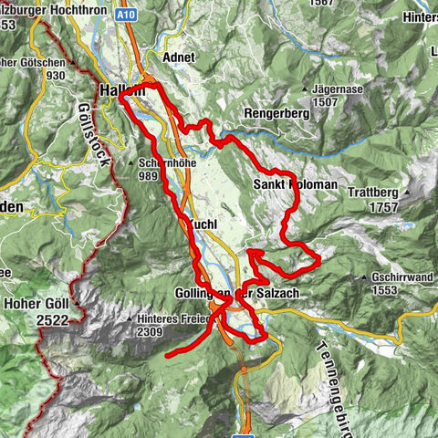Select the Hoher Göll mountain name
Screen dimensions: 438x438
click(x=33, y=303)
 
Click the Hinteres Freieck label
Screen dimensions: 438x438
click(x=173, y=320)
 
